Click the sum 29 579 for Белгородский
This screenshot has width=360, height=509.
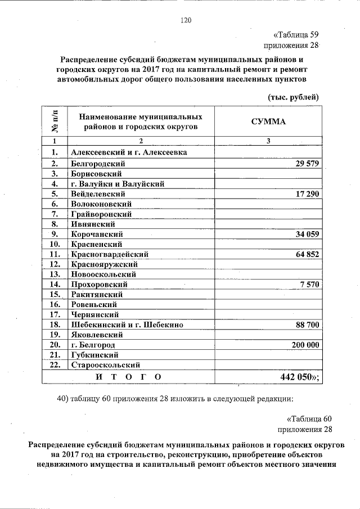[307, 164]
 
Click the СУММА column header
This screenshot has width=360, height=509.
[268, 122]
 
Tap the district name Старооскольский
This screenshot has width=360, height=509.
[105, 365]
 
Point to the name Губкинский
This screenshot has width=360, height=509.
[94, 355]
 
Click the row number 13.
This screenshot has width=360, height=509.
[55, 274]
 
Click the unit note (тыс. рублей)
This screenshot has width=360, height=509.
[293, 97]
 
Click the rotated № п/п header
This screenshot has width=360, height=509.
[55, 122]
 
